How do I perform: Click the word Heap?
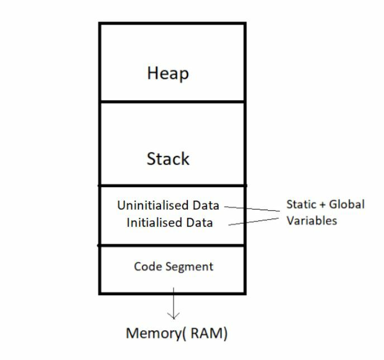point(168,73)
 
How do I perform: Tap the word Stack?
point(168,159)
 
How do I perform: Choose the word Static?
point(301,204)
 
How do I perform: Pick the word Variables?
point(312,220)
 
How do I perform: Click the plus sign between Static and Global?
point(323,205)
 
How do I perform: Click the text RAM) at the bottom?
point(210,334)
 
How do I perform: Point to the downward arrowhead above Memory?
point(173,316)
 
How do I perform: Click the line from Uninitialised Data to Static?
point(252,209)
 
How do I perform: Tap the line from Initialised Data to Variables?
point(254,222)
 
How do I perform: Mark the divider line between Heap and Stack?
point(172,102)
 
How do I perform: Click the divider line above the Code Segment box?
point(172,245)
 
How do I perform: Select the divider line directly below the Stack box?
point(172,185)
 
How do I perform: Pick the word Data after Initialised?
point(200,222)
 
